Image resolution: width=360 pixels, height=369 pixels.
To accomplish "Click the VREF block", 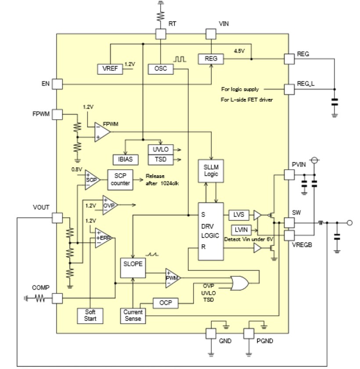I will (x=110, y=69).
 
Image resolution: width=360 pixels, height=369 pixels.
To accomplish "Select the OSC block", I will (x=160, y=69).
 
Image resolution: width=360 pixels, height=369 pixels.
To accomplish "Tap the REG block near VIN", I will (x=210, y=59).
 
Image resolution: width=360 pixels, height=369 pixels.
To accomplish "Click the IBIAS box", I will (x=125, y=159).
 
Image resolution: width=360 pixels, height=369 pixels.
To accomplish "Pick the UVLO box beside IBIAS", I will (x=161, y=149).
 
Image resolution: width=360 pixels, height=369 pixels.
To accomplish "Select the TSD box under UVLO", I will (x=161, y=159).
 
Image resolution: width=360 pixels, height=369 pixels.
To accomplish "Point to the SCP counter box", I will (x=120, y=179).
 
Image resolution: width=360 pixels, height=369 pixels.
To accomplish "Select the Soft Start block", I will (x=90, y=315).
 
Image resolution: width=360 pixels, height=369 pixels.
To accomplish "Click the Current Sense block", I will (x=133, y=315).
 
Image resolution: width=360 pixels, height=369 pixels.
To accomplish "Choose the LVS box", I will (x=239, y=215).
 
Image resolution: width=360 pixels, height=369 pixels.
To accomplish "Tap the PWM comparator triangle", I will (x=171, y=278).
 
